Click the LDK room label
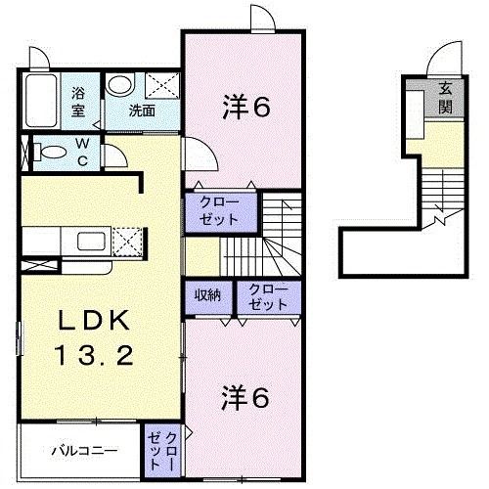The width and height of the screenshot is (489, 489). click(x=98, y=320)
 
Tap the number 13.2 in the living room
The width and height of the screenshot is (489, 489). click(x=98, y=357)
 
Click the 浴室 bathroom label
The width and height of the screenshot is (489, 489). click(x=79, y=102)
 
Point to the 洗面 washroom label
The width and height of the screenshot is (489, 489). click(x=143, y=111)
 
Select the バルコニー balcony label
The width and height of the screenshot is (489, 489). click(x=85, y=452)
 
